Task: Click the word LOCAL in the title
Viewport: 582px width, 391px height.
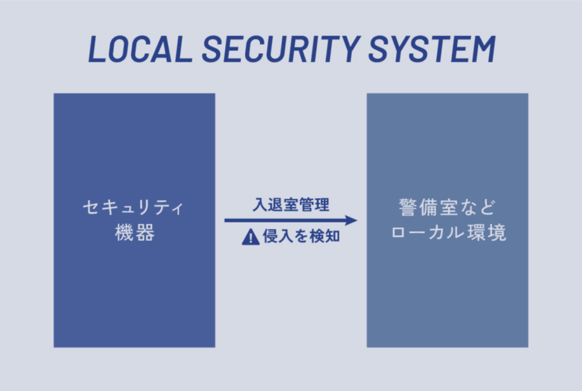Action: (140, 49)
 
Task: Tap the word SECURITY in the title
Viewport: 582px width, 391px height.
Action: (281, 49)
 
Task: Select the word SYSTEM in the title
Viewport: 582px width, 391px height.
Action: (432, 49)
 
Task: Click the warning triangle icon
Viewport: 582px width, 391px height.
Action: (250, 237)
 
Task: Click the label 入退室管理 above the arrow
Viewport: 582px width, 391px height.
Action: (291, 205)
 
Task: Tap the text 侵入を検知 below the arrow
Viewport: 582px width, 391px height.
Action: (301, 236)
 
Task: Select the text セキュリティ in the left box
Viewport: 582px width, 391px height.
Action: (133, 207)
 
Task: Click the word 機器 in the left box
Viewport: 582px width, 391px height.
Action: (135, 232)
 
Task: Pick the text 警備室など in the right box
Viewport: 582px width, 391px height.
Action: (447, 207)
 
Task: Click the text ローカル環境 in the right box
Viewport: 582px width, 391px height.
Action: (448, 232)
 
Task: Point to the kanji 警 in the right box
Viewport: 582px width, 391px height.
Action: (408, 207)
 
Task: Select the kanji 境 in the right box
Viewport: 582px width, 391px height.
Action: (497, 232)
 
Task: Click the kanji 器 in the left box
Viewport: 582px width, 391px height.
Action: (145, 232)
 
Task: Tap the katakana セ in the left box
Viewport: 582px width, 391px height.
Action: (91, 207)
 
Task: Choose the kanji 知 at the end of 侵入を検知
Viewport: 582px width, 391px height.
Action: (332, 236)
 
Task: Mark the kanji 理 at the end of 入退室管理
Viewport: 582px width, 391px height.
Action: (322, 205)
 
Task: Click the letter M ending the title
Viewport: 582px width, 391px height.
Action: (483, 49)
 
